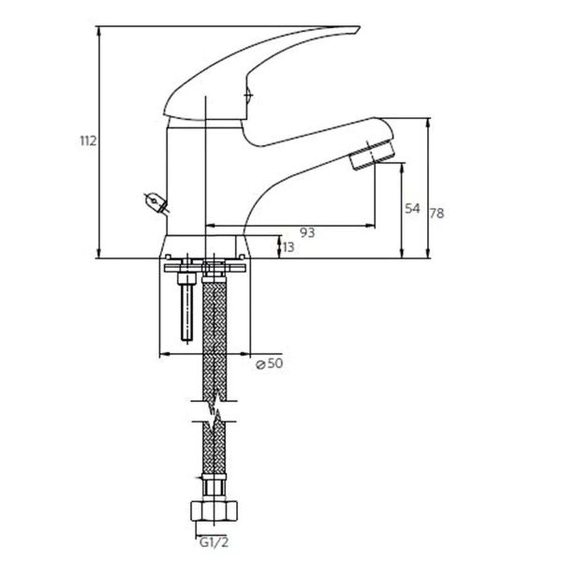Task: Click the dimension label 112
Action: click(x=88, y=141)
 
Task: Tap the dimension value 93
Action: click(x=307, y=233)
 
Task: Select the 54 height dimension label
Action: click(x=413, y=208)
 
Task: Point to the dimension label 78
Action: click(x=437, y=213)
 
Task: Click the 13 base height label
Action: click(x=288, y=247)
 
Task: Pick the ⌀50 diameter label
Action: click(x=269, y=363)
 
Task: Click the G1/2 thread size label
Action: click(x=214, y=542)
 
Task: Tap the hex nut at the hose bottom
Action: click(x=214, y=510)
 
